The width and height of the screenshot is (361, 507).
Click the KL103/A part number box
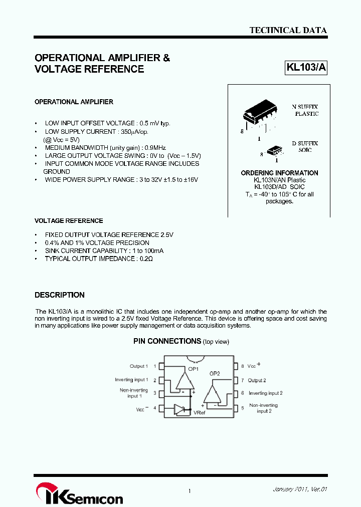click(306, 68)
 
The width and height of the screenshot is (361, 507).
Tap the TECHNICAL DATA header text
click(288, 30)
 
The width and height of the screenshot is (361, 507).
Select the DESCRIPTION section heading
click(59, 295)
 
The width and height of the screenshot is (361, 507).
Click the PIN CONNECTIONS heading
click(167, 341)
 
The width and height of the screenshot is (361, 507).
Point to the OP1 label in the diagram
click(193, 369)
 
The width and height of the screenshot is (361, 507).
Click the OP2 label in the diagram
click(215, 373)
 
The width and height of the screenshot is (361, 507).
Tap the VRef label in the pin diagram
click(200, 412)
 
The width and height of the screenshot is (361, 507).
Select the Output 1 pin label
click(139, 366)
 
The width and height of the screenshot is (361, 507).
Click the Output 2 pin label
click(257, 380)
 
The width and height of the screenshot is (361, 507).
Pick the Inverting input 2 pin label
click(265, 393)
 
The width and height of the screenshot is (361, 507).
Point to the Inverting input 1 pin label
click(131, 380)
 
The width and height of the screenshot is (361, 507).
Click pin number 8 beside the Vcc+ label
click(242, 366)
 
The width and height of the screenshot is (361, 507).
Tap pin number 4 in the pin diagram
click(154, 408)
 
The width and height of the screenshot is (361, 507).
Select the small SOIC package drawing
click(274, 150)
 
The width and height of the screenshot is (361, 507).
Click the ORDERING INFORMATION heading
click(279, 173)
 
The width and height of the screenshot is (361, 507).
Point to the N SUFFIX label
click(305, 107)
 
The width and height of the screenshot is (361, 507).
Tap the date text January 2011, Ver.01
click(300, 489)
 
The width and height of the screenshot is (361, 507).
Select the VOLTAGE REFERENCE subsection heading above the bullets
click(69, 220)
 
